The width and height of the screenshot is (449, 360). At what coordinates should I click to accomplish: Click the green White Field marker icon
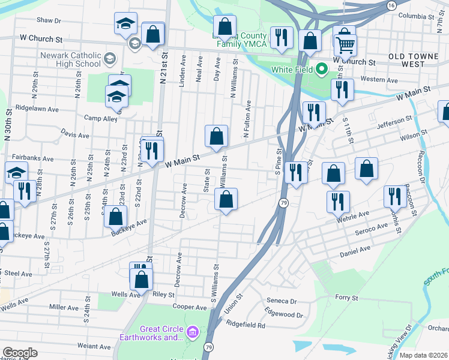click(321, 70)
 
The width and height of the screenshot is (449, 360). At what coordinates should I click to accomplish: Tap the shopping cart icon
click(345, 44)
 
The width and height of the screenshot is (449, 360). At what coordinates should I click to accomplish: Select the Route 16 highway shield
click(391, 5)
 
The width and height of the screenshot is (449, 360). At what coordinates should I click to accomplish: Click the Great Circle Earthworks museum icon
click(193, 332)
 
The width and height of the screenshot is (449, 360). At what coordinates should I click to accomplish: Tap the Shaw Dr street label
click(49, 20)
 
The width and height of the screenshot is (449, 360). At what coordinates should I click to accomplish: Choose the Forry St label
click(346, 297)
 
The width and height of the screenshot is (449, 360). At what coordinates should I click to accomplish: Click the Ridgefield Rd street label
click(246, 325)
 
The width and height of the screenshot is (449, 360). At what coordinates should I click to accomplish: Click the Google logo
click(20, 353)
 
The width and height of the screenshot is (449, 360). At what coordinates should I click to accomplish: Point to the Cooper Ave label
click(190, 307)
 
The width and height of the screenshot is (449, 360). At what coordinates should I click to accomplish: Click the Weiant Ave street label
click(94, 346)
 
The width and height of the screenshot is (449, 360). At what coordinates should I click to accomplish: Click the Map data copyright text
click(424, 355)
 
